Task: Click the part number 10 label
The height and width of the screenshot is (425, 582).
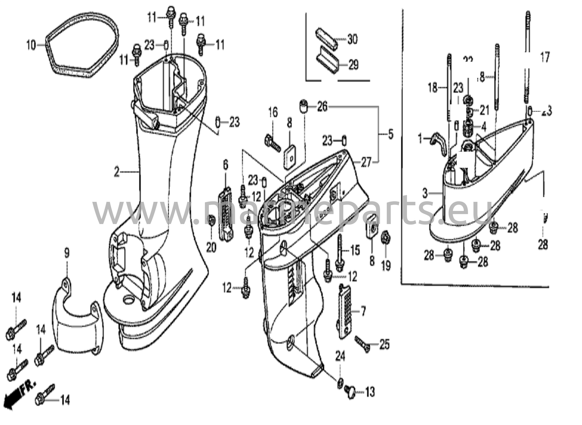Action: (x=31, y=45)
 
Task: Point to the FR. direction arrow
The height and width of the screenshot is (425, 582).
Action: (x=20, y=394)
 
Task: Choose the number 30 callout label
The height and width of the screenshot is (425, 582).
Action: (x=352, y=39)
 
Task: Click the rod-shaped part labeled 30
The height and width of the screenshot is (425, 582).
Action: (x=326, y=39)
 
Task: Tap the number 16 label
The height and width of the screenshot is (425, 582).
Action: (x=273, y=112)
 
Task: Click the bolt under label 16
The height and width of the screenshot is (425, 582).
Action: (x=273, y=144)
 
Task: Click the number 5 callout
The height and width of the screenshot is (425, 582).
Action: (x=391, y=134)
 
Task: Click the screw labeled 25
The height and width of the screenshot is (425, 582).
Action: (x=362, y=343)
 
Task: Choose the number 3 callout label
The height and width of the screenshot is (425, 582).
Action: (x=425, y=194)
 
